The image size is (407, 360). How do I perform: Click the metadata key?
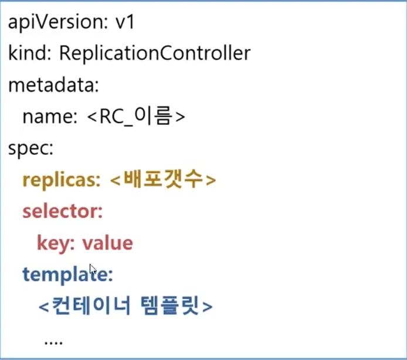53,85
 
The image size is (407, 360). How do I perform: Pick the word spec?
30,148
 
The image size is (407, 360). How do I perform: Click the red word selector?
62,211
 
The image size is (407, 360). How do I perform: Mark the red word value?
107,243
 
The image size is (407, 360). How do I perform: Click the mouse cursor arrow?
92,270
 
